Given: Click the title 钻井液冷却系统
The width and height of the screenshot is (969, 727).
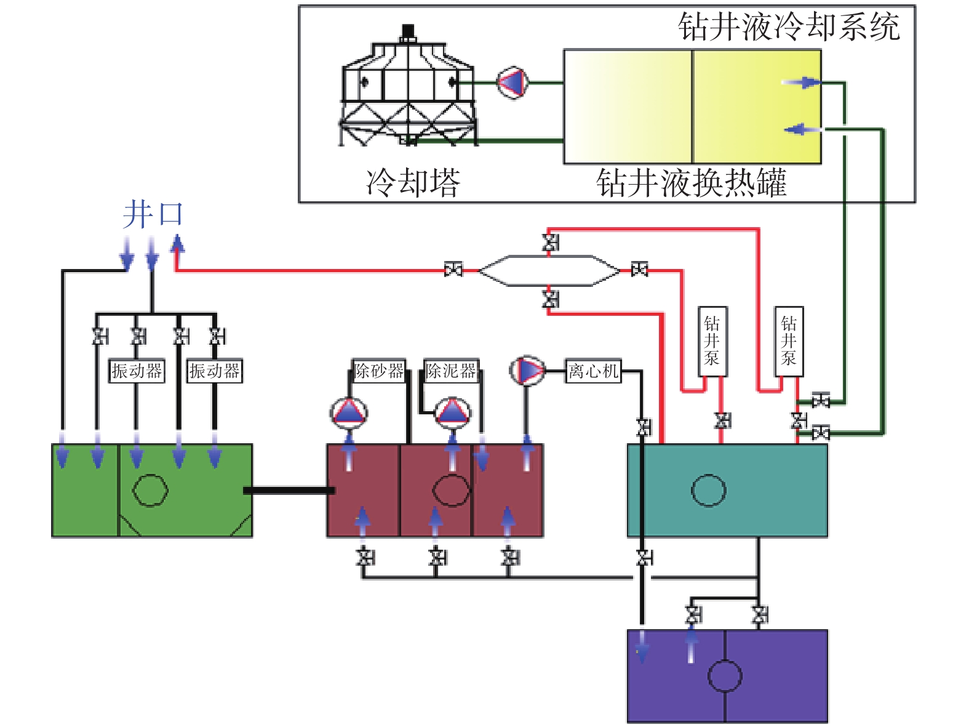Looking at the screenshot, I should (789, 27).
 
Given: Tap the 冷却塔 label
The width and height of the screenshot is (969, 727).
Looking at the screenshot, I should (413, 182).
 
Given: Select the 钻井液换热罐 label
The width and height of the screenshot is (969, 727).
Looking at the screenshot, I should (692, 183).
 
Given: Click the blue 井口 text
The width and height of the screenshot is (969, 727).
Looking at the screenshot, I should (153, 215).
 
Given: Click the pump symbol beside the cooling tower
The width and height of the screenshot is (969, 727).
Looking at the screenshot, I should (512, 82).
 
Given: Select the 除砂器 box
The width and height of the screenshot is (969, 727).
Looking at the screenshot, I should (379, 371).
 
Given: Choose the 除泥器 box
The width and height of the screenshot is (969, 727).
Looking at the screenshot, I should (452, 371).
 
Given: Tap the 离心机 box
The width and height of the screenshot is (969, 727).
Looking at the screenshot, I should (593, 371).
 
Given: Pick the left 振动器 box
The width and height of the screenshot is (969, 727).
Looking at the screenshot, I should (137, 371).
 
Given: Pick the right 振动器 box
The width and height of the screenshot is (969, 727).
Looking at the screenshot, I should (215, 371).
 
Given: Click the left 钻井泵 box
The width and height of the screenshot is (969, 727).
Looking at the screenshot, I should (712, 341).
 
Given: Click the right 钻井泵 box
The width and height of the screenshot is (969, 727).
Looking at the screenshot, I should (789, 341).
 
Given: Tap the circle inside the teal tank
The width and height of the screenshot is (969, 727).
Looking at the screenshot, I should (708, 491).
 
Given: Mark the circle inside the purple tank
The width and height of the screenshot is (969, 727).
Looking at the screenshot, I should (725, 676).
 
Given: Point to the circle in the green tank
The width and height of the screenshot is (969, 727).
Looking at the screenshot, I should (150, 491).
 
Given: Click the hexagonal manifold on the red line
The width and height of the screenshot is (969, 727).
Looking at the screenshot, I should (549, 270).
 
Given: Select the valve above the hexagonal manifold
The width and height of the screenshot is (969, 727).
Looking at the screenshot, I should (550, 243).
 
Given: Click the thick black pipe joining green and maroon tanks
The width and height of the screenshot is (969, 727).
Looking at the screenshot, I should (289, 491).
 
